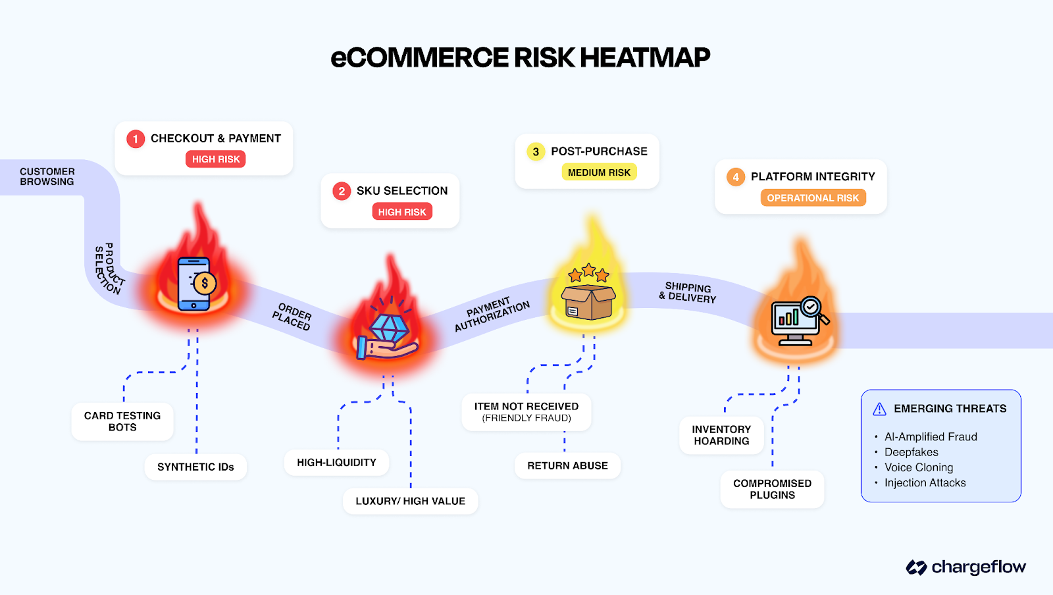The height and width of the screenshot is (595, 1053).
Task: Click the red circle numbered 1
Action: coord(136,139)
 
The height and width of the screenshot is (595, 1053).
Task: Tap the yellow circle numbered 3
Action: coord(536,152)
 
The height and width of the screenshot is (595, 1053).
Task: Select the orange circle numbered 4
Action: coord(736,177)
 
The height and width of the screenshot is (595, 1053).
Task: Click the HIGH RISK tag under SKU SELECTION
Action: coord(402,212)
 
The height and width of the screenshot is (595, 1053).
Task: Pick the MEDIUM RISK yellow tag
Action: coord(599,172)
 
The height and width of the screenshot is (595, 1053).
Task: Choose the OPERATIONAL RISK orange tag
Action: coord(813,198)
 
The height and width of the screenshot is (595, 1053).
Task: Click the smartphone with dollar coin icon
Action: coord(195,284)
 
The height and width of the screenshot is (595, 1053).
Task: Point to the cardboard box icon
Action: coord(588,301)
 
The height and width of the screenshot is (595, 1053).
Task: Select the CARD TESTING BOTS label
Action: coord(122,421)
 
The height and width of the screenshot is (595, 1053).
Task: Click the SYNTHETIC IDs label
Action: coord(195,467)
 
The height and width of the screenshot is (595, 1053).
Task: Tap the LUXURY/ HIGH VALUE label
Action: coord(410,502)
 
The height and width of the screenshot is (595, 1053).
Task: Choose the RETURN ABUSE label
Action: coord(567,466)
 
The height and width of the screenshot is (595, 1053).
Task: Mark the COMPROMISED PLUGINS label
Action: coord(772,489)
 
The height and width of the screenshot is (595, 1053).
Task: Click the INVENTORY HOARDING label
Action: coord(721,435)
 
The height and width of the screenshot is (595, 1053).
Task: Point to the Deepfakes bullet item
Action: coord(911,452)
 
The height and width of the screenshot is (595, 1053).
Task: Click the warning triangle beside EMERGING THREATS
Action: coord(879,409)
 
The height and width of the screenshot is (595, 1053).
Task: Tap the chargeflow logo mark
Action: coord(916,567)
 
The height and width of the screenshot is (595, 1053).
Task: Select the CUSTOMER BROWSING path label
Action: coord(47,176)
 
